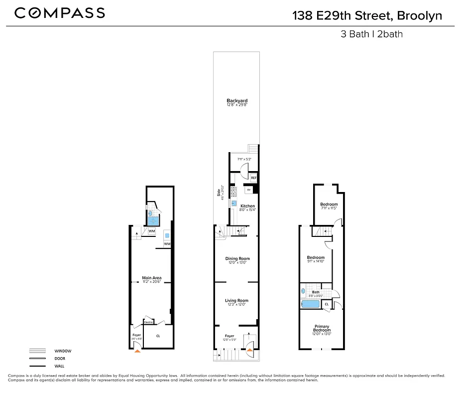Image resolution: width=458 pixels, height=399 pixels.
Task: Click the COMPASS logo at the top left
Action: click(x=59, y=13)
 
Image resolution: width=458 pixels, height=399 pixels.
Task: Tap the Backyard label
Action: click(x=237, y=101)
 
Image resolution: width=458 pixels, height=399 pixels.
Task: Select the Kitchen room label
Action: click(x=247, y=206)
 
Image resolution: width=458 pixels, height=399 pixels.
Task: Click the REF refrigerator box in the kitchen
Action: click(x=253, y=178)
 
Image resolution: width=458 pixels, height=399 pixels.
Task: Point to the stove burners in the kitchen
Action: click(x=234, y=190)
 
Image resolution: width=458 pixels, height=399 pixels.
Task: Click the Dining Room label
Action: click(x=237, y=258)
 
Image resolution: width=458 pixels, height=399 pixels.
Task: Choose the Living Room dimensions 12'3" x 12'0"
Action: click(x=237, y=305)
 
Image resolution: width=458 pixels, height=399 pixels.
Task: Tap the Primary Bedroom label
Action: click(x=322, y=328)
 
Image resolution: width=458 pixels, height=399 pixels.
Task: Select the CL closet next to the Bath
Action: click(x=327, y=304)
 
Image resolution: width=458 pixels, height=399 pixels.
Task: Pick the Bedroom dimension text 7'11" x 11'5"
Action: click(x=329, y=208)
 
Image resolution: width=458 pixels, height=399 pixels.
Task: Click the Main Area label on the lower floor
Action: click(x=151, y=278)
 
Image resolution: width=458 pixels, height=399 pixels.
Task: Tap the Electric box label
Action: click(x=148, y=322)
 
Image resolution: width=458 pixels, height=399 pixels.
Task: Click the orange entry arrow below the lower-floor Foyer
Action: click(x=137, y=351)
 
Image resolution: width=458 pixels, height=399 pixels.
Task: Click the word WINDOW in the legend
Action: click(x=63, y=351)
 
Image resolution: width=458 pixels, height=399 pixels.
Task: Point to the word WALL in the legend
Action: click(x=60, y=366)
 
